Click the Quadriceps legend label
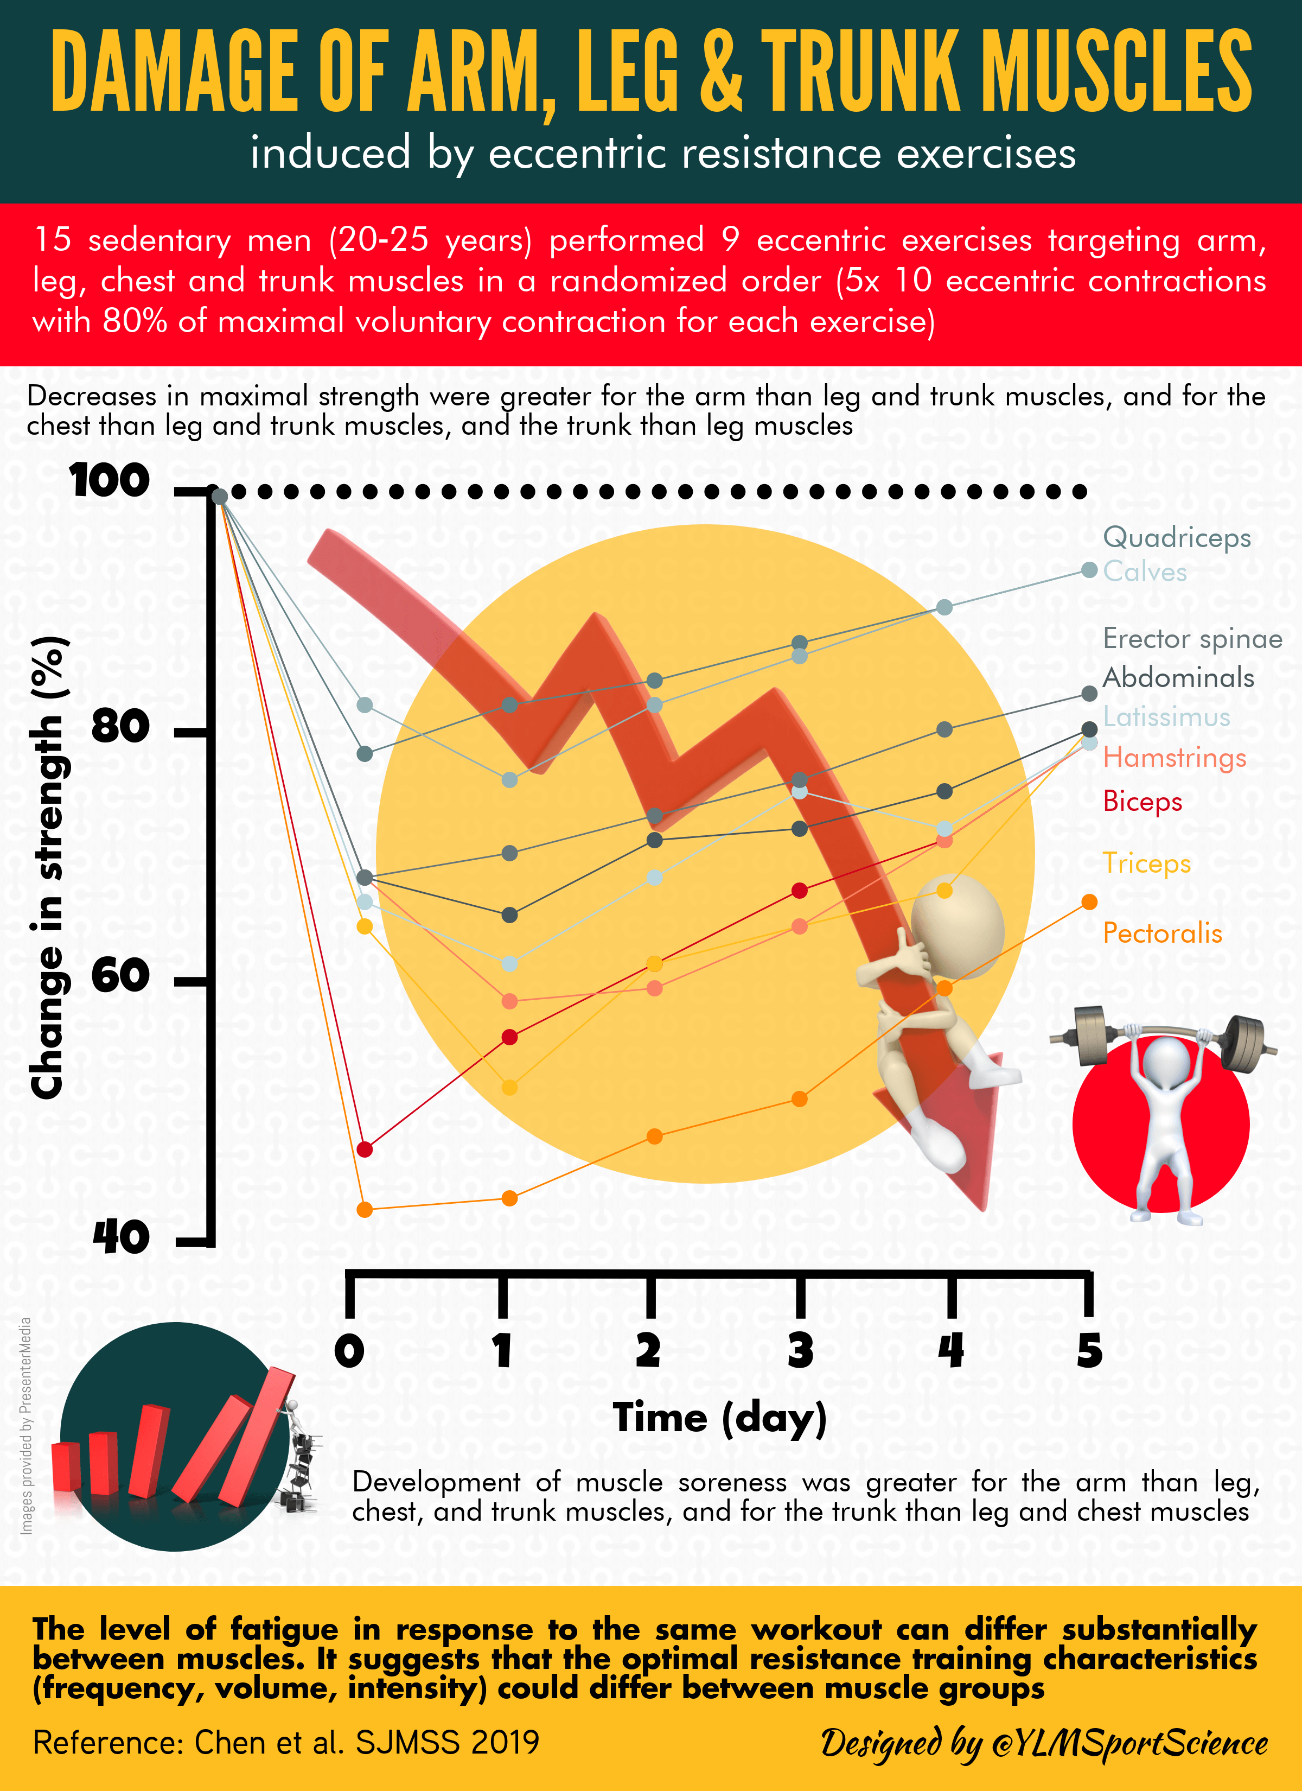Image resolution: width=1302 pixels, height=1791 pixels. coord(1177,538)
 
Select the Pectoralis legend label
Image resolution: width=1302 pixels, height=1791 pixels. coord(1162,933)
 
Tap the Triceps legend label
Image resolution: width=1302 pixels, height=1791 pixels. coord(1146,862)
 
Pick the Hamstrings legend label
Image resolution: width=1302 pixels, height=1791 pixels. coord(1174,757)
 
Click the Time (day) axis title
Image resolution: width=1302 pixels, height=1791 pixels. coord(719,1418)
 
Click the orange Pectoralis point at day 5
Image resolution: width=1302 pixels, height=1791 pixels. coord(1089,902)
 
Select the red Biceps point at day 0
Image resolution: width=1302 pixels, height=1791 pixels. coord(364,1149)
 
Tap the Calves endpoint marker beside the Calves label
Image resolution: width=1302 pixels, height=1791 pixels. coord(1089,570)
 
